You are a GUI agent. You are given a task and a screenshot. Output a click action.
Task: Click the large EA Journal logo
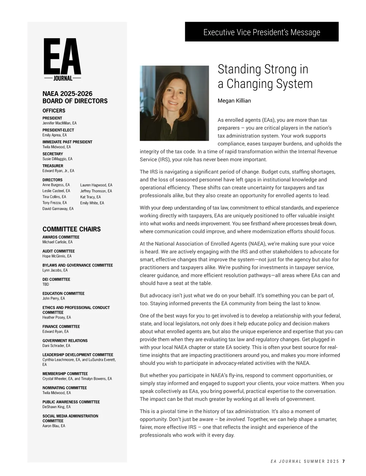coord(63,60)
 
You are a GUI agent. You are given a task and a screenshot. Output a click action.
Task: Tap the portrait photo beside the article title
coord(174,103)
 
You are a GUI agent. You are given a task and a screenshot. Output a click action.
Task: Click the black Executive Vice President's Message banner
coord(262,32)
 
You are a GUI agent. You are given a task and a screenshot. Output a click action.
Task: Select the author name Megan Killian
coord(234,101)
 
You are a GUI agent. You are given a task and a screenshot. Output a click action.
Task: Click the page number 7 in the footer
coord(343,461)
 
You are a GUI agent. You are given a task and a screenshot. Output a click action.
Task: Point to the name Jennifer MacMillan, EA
coord(59,123)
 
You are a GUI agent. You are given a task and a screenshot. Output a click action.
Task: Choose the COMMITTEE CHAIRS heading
coord(71,229)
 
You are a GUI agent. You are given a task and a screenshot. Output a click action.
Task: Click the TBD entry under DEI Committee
coord(46,284)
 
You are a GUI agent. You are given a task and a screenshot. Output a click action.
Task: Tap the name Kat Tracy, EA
coord(90,197)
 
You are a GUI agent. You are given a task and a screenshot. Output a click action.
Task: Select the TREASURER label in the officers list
coord(52,166)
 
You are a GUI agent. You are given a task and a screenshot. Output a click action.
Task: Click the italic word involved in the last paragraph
coord(235,419)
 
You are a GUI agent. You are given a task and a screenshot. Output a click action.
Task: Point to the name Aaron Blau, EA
coord(54,426)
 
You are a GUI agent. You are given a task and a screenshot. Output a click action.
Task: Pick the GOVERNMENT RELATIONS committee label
coord(65,340)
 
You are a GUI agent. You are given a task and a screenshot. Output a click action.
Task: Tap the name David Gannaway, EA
coord(58,209)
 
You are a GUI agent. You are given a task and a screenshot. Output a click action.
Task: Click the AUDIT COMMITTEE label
coord(59,251)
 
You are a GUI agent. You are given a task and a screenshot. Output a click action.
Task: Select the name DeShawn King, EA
coord(56,407)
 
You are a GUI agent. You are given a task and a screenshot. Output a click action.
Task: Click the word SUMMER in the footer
coord(314,461)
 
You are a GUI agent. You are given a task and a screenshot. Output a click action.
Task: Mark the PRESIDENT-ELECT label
coord(58,130)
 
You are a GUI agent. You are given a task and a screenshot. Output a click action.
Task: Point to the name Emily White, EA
coord(92,203)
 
